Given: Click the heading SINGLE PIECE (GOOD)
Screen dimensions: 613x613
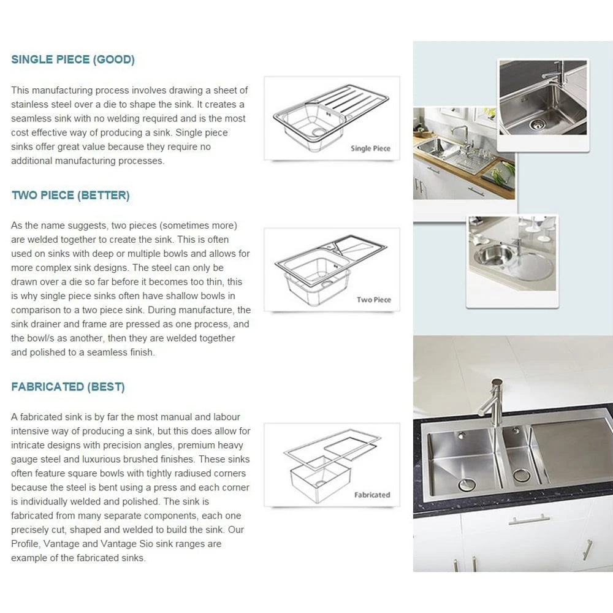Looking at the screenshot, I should click(73, 59).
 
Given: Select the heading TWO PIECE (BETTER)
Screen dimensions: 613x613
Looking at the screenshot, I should click(70, 196).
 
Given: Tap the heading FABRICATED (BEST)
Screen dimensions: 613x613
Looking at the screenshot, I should click(68, 387).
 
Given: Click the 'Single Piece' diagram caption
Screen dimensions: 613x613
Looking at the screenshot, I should click(370, 148).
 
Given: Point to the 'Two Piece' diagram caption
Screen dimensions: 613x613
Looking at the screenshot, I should click(374, 300).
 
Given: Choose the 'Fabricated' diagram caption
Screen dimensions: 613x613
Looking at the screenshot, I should click(372, 495).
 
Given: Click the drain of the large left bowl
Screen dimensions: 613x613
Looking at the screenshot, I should click(467, 484).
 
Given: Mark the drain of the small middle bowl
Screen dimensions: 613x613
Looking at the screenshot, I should click(522, 475).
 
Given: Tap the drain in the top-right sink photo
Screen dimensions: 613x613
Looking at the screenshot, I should click(537, 124).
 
